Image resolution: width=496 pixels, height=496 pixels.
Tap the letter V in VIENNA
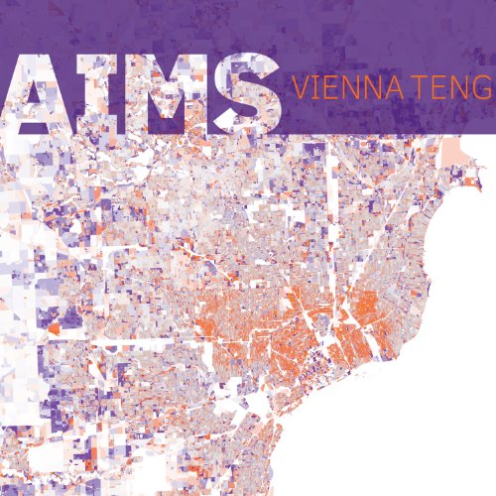[x=296, y=87]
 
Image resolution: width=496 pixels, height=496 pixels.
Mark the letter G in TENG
[x=484, y=87]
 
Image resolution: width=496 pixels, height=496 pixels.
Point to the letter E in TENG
[x=452, y=87]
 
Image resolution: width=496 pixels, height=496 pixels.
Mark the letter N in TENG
[x=467, y=87]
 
